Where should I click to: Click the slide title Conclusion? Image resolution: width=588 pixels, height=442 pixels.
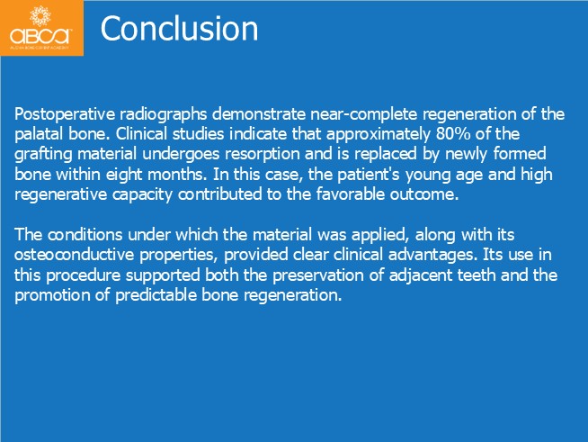[x=179, y=29]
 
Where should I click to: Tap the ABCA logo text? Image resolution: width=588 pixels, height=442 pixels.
[x=40, y=36]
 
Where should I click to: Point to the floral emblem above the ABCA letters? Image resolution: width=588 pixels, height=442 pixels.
[x=40, y=16]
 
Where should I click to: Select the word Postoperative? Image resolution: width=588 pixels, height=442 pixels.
[x=65, y=114]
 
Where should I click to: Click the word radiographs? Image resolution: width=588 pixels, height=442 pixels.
[x=163, y=114]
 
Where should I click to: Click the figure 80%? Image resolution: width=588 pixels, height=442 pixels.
[x=453, y=134]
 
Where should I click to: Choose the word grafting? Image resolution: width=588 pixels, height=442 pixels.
[x=43, y=154]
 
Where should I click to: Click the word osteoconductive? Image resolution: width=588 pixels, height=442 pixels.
[x=75, y=255]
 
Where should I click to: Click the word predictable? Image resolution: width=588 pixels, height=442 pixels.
[x=156, y=294]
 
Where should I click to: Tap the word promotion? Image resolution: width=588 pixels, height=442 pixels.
[x=52, y=295]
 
